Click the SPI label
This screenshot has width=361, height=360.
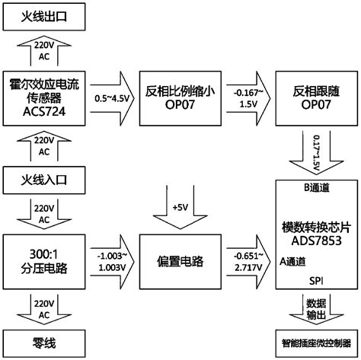(314, 280)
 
